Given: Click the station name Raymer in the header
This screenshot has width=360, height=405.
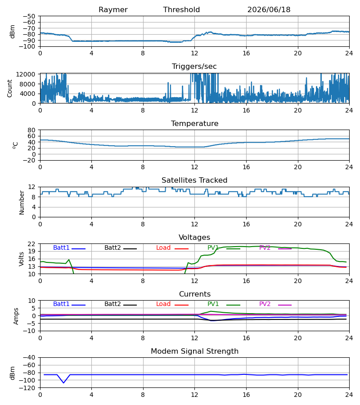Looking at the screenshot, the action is [x=113, y=10].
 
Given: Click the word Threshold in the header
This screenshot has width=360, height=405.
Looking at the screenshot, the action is [x=181, y=9].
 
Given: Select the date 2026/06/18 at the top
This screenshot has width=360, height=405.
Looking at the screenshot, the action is [x=269, y=10].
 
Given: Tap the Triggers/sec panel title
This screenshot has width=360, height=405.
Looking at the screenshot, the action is [x=194, y=67].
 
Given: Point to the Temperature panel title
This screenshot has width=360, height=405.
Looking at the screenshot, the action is [x=194, y=123].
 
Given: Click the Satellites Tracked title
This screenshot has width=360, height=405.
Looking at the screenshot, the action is [x=194, y=180].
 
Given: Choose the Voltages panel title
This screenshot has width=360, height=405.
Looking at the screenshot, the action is [x=194, y=237].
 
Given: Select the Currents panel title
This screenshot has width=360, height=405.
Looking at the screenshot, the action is [x=195, y=294].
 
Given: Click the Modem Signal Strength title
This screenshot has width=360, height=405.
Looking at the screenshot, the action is [x=194, y=351].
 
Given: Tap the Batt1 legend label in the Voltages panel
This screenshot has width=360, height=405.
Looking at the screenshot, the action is [x=61, y=247].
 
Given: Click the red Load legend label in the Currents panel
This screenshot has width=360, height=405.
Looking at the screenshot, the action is [x=163, y=304].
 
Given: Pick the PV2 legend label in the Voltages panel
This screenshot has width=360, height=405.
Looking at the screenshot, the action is [x=265, y=247].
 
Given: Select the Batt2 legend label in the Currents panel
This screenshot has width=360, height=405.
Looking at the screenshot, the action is [x=112, y=304].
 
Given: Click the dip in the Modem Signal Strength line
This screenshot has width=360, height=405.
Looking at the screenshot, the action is [x=63, y=382].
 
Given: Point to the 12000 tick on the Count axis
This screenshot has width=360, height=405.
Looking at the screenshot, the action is [x=26, y=74].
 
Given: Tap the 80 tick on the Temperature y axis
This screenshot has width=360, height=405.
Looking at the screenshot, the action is [x=31, y=130].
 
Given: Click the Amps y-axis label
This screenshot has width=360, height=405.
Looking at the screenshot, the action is [x=16, y=316].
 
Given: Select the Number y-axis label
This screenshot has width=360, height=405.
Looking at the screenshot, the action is [x=22, y=202].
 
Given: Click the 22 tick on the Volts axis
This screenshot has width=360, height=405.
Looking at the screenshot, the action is [x=31, y=244].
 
